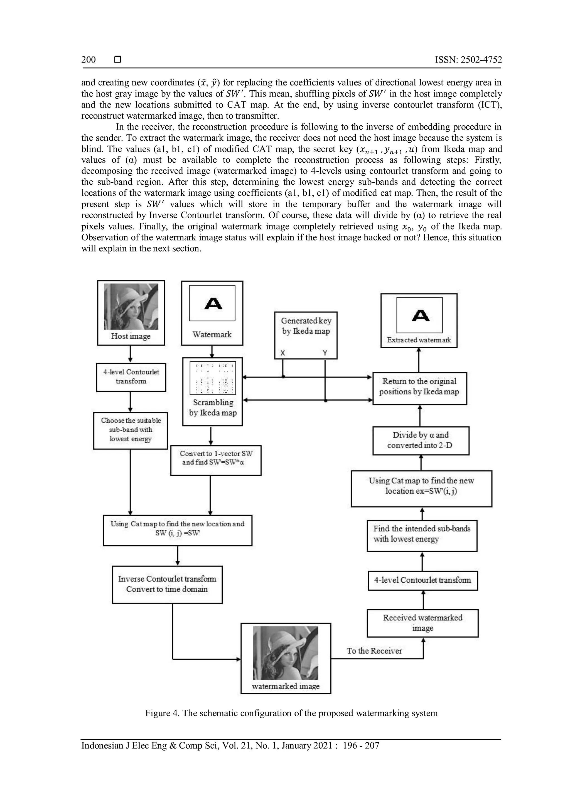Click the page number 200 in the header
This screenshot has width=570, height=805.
point(89,59)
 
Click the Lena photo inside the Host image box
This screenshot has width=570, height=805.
point(131,306)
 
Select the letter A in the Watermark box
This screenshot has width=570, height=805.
point(213,303)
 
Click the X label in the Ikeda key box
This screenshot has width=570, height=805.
point(282,353)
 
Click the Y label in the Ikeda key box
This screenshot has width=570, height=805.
point(325,353)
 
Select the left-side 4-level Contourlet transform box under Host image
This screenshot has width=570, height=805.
point(131,377)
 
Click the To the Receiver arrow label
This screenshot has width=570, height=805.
point(374,651)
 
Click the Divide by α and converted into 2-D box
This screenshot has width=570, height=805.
point(421,440)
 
